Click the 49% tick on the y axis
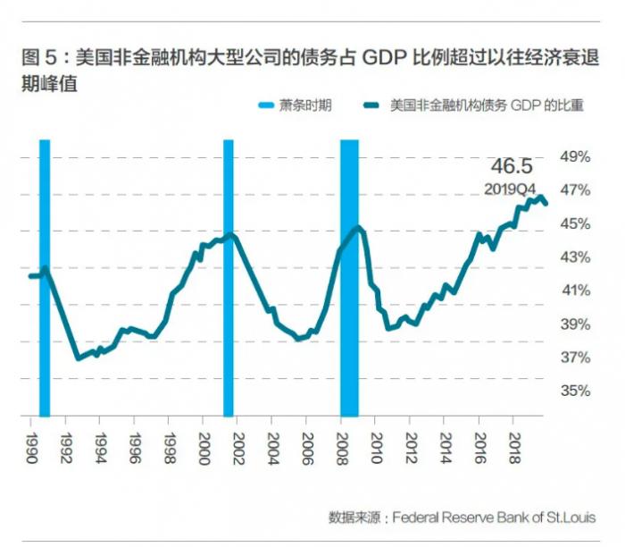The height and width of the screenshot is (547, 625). click(575, 157)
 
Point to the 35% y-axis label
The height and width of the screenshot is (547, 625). click(575, 391)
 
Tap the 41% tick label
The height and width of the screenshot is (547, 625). click(575, 290)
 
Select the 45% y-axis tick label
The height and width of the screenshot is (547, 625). click(575, 224)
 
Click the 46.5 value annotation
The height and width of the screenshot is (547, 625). click(512, 166)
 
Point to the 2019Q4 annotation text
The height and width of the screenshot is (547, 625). click(510, 189)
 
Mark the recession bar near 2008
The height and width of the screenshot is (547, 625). click(349, 277)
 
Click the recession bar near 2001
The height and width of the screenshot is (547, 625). click(229, 277)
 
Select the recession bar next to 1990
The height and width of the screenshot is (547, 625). click(45, 277)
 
